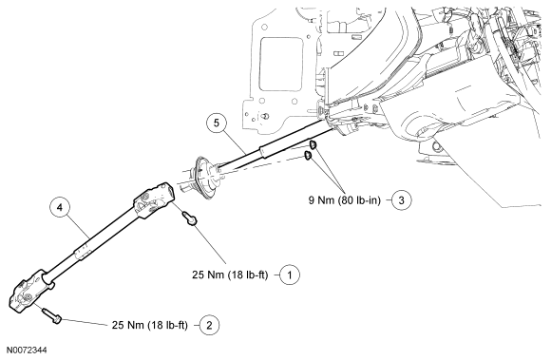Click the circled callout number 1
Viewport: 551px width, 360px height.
[290, 275]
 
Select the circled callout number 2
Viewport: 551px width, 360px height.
[209, 325]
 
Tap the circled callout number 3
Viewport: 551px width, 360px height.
[401, 199]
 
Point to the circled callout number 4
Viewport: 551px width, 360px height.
[60, 208]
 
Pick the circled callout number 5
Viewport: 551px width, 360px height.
[216, 123]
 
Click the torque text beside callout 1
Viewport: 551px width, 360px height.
[230, 275]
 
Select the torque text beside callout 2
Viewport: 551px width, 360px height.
[150, 325]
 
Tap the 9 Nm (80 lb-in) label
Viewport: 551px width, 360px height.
[344, 199]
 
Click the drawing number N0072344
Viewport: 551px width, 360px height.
[27, 351]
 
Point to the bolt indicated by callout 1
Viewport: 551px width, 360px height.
[189, 218]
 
